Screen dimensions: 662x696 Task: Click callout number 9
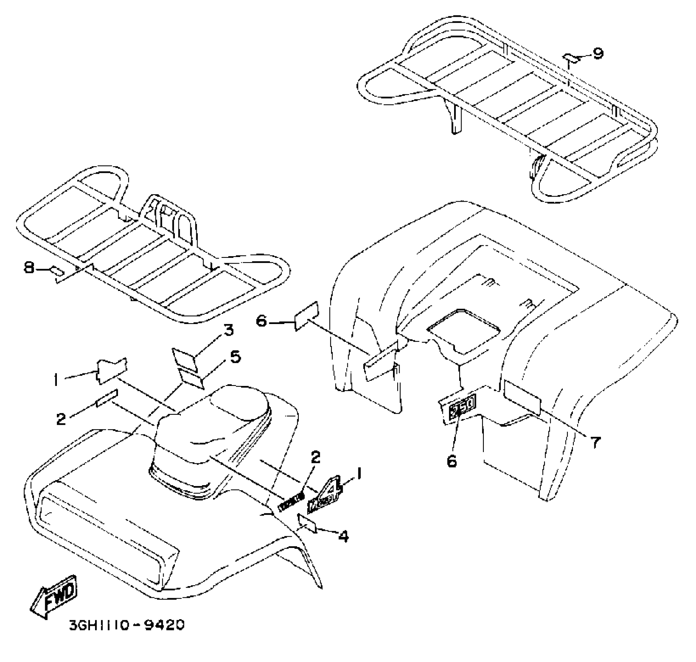click(598, 53)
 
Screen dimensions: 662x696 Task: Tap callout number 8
click(29, 268)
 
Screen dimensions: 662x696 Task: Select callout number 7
click(595, 442)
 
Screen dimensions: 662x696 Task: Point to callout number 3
click(228, 330)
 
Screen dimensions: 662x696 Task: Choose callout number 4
click(343, 537)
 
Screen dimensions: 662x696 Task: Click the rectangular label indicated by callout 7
click(522, 398)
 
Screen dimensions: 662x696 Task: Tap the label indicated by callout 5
click(191, 379)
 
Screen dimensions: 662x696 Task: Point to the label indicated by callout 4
click(307, 523)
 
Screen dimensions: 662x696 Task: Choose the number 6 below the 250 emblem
click(451, 461)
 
